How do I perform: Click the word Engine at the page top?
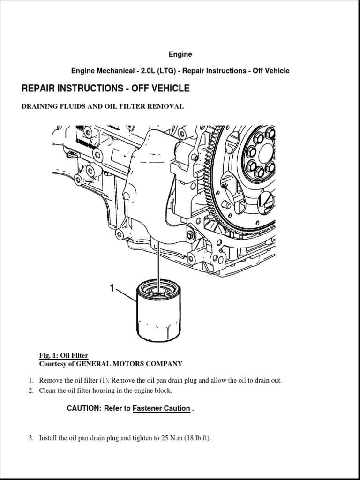[x=180, y=54]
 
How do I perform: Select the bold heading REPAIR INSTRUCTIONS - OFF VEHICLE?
[x=105, y=89]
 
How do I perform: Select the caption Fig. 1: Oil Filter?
[x=64, y=355]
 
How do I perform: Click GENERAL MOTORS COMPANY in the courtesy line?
[x=129, y=363]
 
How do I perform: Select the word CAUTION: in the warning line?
[x=84, y=408]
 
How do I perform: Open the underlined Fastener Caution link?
[x=161, y=408]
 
